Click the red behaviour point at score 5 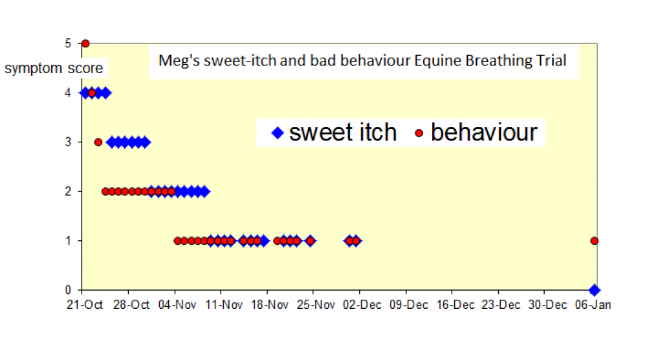coord(85,43)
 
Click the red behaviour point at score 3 coord(98,142)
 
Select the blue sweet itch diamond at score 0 coord(595,290)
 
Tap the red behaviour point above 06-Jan coord(595,241)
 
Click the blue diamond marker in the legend coord(278,133)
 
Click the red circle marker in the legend coord(419,133)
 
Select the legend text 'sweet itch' coord(342,132)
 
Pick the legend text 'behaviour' coord(484,132)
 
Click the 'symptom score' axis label coord(54,68)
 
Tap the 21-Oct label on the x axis coord(82,305)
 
